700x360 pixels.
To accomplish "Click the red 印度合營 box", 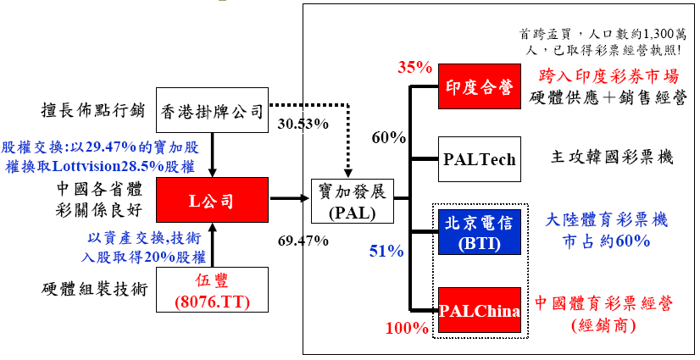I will [479, 86].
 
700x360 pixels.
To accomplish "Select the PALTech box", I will [479, 159].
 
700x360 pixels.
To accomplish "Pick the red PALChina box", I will [479, 309].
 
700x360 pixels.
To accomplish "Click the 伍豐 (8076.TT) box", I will [211, 289].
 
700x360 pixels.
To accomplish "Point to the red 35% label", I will [415, 67].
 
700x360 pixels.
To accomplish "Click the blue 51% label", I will [386, 251].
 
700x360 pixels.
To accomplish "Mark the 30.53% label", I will [303, 124].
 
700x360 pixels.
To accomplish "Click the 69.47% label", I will [303, 241].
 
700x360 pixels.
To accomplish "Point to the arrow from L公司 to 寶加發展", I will [289, 200].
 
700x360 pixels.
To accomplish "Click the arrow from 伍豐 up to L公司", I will [211, 246].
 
